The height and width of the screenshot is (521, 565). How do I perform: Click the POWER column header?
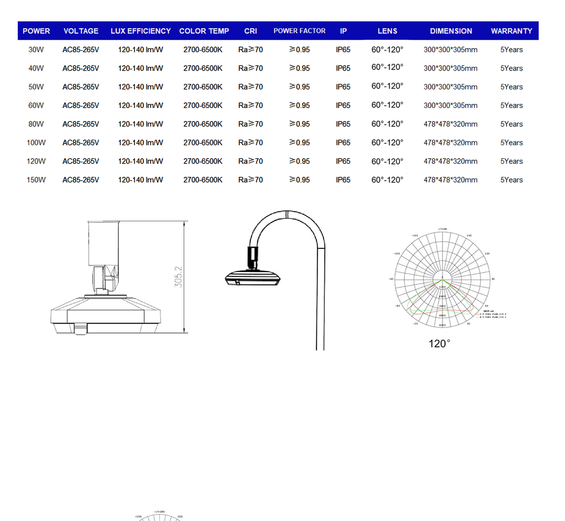[x=36, y=31]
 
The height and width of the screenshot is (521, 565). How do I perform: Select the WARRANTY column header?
[x=511, y=31]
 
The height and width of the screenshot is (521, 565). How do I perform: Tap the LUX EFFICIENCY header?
[x=141, y=31]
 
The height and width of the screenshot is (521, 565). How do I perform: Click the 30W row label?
[x=36, y=50]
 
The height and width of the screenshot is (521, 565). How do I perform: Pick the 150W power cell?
[x=36, y=180]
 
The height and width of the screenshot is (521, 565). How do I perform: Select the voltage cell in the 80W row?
[x=80, y=124]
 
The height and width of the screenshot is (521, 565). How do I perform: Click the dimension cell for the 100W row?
[x=450, y=143]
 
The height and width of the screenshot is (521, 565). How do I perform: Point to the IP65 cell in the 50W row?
[x=343, y=87]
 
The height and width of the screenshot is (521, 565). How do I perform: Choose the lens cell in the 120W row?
[x=387, y=161]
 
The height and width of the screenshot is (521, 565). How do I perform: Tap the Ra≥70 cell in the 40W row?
[x=251, y=68]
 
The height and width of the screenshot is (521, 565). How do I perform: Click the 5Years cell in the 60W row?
[x=511, y=106]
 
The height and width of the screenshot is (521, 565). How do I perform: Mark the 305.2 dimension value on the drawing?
[x=178, y=277]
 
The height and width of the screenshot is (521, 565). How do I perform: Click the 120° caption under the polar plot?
[x=439, y=344]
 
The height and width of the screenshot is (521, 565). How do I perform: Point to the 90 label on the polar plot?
[x=493, y=279]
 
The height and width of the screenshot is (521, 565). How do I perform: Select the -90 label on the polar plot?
[x=391, y=279]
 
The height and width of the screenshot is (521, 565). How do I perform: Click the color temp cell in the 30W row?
[x=203, y=50]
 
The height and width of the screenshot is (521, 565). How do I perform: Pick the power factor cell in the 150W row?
[x=300, y=180]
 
